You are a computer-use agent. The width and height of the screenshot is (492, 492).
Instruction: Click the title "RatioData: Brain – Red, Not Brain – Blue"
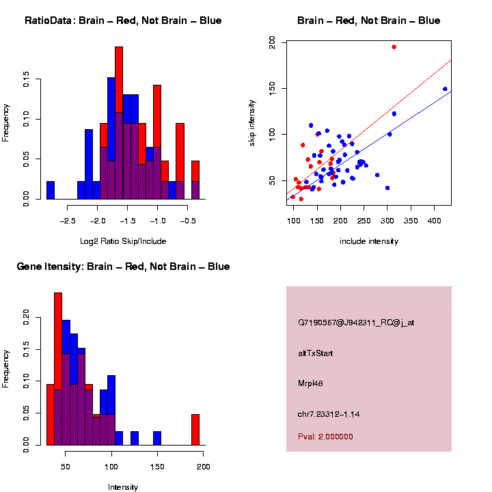coord(123,21)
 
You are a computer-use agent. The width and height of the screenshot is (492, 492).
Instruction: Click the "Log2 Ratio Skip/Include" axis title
coord(123,241)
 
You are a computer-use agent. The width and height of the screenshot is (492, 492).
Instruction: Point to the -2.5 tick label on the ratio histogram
coord(68,221)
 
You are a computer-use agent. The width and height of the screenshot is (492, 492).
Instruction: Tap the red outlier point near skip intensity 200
coord(394,47)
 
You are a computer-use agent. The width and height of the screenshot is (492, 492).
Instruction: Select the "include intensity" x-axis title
coord(368,241)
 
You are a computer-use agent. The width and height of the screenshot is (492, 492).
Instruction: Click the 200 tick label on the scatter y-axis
coord(272,42)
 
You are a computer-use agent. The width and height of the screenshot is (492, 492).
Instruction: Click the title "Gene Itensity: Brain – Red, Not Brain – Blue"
coord(123,266)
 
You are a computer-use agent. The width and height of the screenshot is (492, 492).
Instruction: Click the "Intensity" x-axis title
coord(123,487)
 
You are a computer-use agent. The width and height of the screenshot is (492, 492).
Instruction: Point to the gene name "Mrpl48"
coord(311,383)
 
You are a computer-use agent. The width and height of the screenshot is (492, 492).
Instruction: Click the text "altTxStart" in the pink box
coord(316,353)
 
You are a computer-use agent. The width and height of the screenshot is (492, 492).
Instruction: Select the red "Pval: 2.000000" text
coord(325,436)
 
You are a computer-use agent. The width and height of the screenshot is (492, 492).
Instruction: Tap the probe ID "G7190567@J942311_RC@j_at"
coord(356,323)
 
